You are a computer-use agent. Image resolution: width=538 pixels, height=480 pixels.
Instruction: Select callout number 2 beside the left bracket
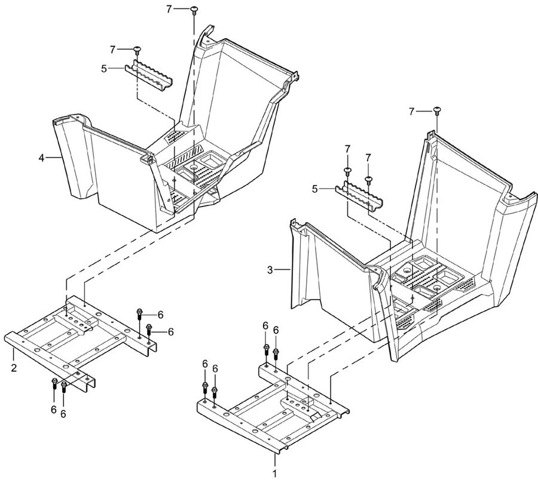14,368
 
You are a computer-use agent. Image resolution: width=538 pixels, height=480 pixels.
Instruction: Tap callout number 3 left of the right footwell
270,270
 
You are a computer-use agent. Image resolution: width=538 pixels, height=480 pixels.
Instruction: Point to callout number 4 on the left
41,158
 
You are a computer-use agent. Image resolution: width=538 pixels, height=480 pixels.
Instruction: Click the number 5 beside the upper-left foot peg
104,69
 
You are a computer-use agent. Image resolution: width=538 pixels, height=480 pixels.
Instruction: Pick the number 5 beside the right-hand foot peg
315,189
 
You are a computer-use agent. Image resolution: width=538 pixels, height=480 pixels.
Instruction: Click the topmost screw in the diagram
194,10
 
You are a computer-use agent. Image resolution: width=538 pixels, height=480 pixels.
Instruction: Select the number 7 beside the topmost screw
169,9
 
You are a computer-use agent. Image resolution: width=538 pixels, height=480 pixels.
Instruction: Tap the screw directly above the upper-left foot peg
137,50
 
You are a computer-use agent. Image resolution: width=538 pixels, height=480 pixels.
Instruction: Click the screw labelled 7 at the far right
437,112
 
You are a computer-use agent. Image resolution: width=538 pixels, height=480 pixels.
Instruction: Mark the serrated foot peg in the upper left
149,75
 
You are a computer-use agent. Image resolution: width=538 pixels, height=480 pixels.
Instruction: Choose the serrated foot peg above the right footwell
359,195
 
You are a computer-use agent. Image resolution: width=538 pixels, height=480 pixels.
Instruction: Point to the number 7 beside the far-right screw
412,112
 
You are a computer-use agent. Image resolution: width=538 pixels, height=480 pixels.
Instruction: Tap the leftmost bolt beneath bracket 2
54,383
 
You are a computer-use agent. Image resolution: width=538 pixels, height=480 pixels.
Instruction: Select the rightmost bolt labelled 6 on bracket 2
149,331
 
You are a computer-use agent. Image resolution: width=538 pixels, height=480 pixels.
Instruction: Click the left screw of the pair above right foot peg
347,171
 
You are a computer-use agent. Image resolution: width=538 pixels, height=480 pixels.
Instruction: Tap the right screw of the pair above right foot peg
368,180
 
